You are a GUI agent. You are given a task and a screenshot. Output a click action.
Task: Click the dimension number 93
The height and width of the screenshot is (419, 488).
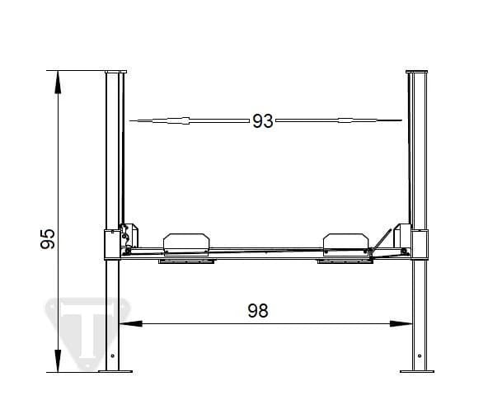click(262, 121)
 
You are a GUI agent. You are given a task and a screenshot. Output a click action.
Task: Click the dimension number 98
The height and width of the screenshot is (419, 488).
click(258, 310)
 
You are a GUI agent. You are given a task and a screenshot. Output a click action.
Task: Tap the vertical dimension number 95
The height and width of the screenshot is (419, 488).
click(48, 238)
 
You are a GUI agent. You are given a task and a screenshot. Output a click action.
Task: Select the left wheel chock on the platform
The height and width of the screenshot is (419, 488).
click(186, 242)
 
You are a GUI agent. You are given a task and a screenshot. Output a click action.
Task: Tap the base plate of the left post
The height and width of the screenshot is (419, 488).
click(115, 372)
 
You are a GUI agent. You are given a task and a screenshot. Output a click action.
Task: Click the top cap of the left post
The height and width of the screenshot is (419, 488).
click(115, 72)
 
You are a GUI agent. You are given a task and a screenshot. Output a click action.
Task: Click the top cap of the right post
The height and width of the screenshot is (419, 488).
click(419, 72)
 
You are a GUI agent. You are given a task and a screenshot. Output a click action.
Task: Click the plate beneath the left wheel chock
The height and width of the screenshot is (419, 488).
click(187, 263)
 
